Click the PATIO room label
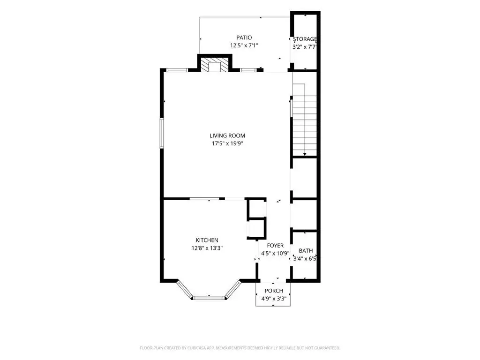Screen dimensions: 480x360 pos(244,37)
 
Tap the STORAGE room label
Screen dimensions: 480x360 pos(305,39)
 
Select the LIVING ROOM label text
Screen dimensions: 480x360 pos(227,135)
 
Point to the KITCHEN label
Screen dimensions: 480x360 pos(207,240)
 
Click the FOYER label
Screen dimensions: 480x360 pos(275,246)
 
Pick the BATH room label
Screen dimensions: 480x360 pos(306,251)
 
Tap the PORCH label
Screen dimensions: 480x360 pos(274,291)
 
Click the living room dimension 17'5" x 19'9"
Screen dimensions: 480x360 pos(227,143)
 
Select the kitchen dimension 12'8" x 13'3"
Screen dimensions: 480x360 pos(207,248)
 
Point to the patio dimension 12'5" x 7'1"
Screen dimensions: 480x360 pos(244,45)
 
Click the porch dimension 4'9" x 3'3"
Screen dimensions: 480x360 pos(274,299)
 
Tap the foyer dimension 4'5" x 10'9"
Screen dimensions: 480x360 pos(275,254)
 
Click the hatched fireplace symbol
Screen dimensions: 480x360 pos(215,65)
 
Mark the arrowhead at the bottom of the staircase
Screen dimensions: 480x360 pos(305,154)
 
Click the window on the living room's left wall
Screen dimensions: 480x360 pos(162,134)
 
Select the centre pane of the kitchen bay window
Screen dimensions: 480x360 pos(209,298)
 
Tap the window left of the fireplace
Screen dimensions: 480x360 pos(177,70)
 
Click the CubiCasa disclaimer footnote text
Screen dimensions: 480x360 pos(240,348)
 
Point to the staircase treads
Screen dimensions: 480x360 pos(305,126)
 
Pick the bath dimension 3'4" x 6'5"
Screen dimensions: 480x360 pos(305,259)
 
